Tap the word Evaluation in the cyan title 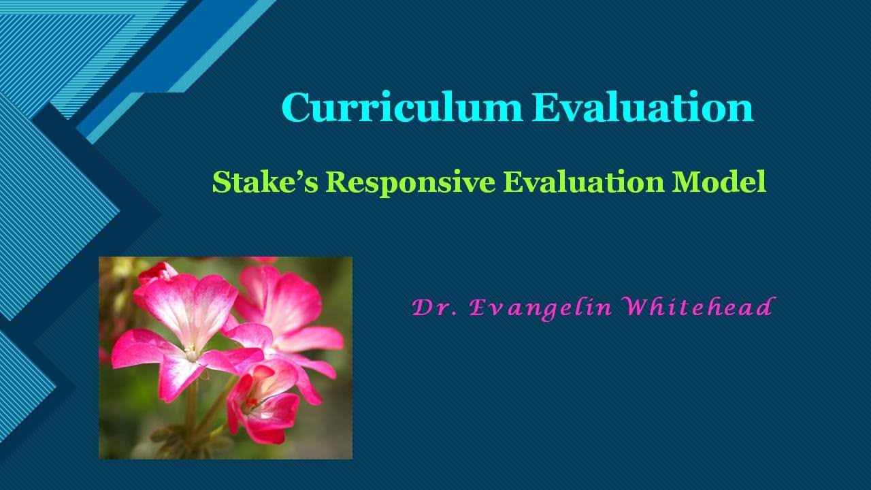pyautogui.click(x=642, y=108)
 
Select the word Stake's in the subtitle pyautogui.click(x=264, y=182)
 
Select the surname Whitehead pyautogui.click(x=698, y=308)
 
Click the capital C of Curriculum pyautogui.click(x=297, y=108)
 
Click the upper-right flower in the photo pyautogui.click(x=286, y=299)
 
